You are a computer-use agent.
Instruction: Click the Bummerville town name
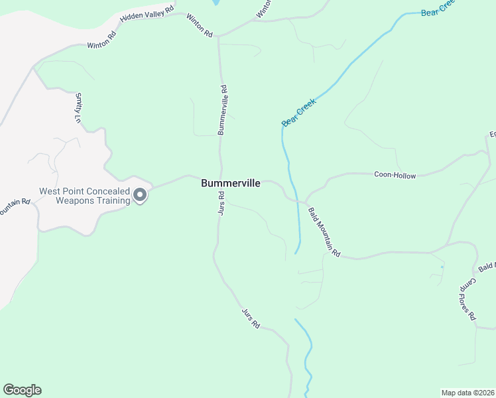coord(231,184)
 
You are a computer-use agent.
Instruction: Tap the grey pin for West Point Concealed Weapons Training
coord(140,196)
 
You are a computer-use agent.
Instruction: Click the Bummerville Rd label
coord(223,109)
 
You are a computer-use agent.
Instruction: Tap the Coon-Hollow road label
coord(395,175)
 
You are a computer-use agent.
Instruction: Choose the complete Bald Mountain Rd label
coord(324,232)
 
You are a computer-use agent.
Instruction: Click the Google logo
coord(22,390)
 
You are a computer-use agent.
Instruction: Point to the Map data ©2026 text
coord(468,392)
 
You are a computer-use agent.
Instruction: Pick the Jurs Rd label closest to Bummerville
coord(221,203)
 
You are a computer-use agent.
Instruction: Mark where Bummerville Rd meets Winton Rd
coord(218,36)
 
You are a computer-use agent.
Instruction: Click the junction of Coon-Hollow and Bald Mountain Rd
coord(305,202)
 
